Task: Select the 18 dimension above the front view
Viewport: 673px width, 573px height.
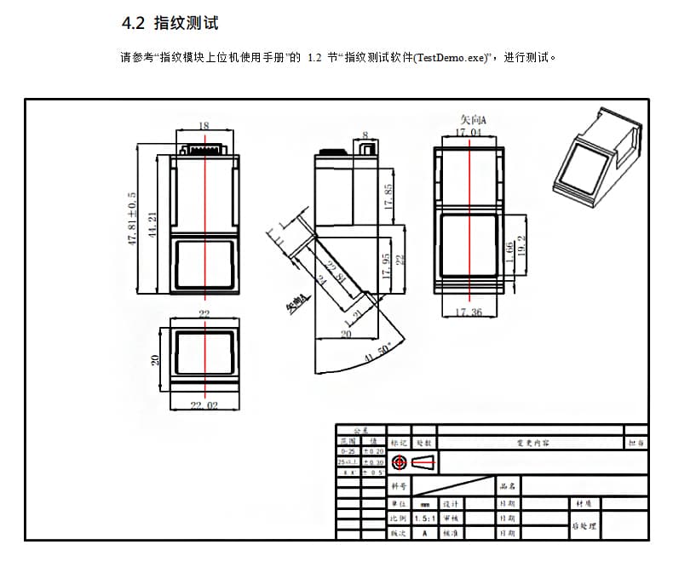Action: tap(204, 126)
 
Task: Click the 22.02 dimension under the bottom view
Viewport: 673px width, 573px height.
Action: tap(204, 405)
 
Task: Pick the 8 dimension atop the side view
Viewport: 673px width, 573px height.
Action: tap(365, 135)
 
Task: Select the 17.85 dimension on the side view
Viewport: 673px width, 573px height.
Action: tap(388, 198)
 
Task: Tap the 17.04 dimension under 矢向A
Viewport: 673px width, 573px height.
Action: tap(468, 133)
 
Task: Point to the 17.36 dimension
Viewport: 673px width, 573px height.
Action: tap(468, 312)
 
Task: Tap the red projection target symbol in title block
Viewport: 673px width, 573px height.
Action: tap(398, 462)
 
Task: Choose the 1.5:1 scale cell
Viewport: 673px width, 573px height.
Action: tap(423, 518)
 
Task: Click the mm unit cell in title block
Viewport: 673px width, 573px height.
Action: tap(423, 503)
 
